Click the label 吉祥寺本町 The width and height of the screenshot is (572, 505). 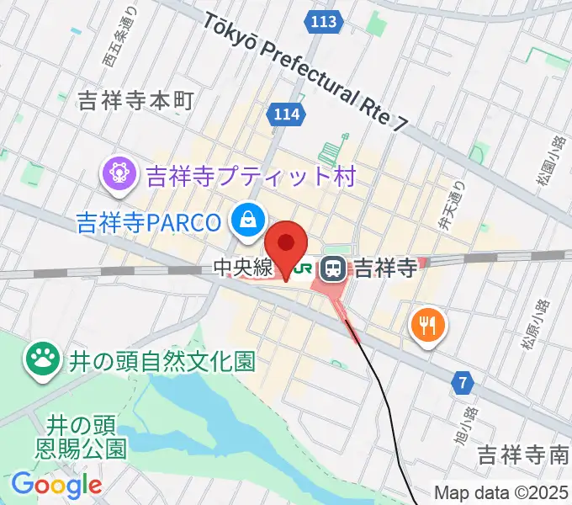click(135, 101)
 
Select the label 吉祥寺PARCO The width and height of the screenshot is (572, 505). click(149, 222)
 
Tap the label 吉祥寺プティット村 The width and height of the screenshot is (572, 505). click(252, 176)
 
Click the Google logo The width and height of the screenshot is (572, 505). click(56, 485)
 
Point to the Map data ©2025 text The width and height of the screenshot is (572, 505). click(501, 492)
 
